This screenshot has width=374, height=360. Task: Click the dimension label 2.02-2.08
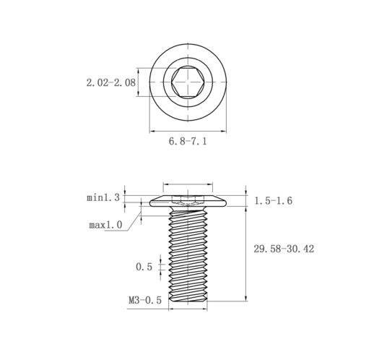click(x=111, y=82)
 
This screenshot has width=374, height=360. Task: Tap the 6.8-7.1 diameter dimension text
click(x=188, y=141)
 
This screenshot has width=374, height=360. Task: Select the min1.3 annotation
click(x=103, y=198)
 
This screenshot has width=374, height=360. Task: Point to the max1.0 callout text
click(x=105, y=225)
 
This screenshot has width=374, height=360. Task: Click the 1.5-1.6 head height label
click(x=273, y=201)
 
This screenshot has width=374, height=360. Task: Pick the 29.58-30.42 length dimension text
click(x=284, y=249)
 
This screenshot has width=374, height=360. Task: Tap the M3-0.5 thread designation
click(x=145, y=300)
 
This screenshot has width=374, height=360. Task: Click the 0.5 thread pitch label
click(x=144, y=267)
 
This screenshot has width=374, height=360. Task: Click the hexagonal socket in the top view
click(x=188, y=82)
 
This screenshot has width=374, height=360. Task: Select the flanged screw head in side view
click(x=188, y=201)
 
